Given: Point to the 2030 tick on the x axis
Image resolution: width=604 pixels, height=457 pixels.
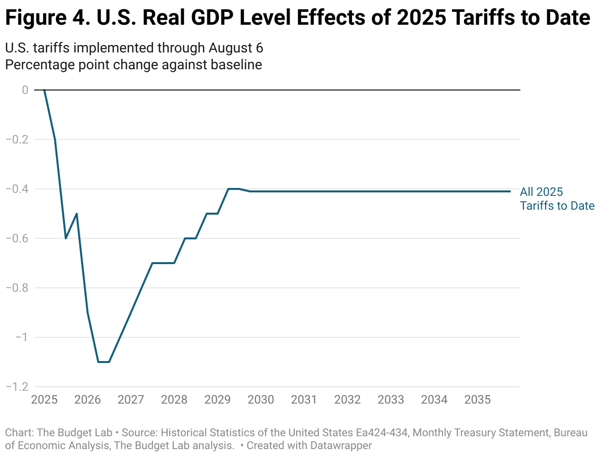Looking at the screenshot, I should point(260,399).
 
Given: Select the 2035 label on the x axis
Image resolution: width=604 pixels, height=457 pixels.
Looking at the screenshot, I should point(477,399).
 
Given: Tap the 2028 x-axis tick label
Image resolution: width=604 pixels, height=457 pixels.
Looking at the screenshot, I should point(174,399).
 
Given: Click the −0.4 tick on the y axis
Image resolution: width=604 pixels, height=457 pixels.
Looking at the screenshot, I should point(17,189).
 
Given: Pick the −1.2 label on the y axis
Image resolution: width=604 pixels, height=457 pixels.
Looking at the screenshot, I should point(17,387).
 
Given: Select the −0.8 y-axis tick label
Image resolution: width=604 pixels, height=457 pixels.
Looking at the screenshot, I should point(17,288).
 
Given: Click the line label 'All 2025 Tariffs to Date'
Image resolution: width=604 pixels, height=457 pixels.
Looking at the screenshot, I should point(557,199).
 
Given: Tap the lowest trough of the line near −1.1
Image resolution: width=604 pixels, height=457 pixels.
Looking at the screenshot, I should point(103,362).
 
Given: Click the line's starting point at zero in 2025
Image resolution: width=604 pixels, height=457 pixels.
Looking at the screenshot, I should point(44,90).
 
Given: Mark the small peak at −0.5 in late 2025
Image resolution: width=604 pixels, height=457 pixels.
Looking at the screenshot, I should point(77,214).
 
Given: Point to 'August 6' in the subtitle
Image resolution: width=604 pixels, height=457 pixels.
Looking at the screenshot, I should point(236,48).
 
